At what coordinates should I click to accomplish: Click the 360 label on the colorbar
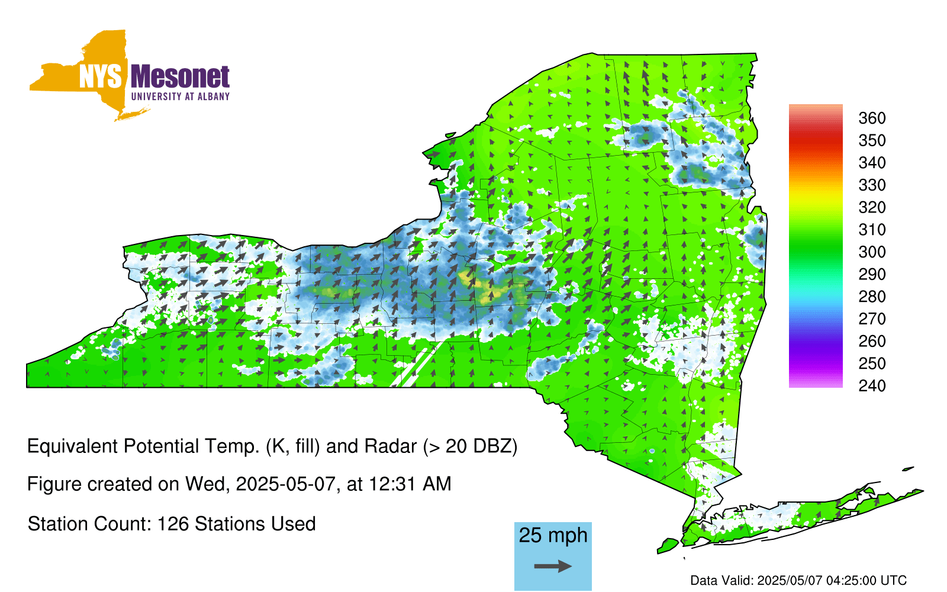[x=872, y=118]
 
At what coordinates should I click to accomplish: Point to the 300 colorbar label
[x=872, y=252]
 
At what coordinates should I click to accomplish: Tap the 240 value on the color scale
[x=872, y=385]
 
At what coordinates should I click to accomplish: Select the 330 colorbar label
[x=872, y=185]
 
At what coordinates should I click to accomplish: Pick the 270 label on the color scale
[x=872, y=319]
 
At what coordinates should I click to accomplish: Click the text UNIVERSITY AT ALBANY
[x=181, y=96]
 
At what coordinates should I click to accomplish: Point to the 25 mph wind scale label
[x=553, y=536]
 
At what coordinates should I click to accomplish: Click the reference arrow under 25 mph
[x=553, y=566]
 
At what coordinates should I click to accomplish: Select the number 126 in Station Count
[x=172, y=524]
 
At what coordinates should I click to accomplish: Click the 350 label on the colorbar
[x=872, y=140]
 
